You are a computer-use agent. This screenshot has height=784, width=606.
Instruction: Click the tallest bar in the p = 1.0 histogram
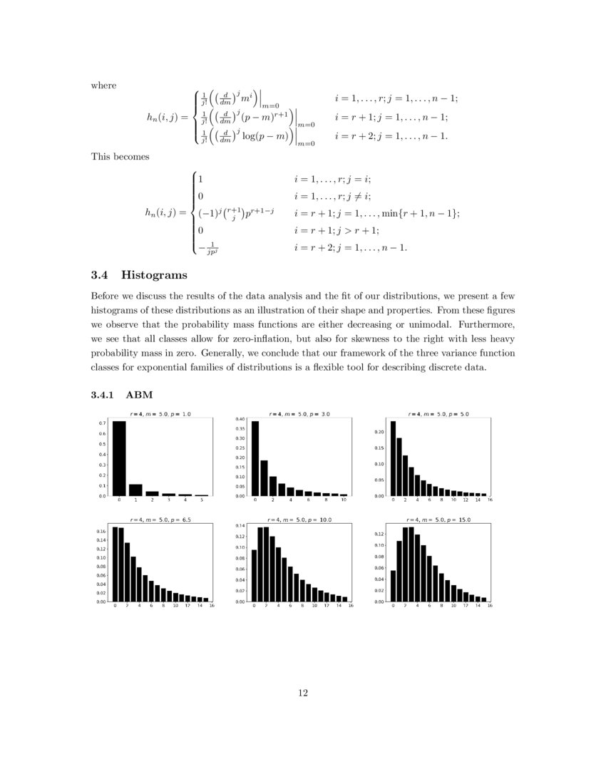(x=119, y=458)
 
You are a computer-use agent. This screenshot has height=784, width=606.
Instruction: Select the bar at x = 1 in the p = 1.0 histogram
(x=135, y=490)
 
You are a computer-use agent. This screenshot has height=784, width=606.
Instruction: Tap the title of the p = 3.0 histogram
(x=299, y=413)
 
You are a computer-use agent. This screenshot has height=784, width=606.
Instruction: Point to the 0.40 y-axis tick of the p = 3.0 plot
(x=240, y=419)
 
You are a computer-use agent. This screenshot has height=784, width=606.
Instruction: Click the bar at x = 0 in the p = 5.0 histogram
(x=393, y=458)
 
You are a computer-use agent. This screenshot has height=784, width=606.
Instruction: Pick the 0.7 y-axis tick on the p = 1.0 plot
(x=103, y=423)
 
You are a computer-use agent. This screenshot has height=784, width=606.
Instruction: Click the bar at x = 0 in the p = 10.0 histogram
(x=255, y=576)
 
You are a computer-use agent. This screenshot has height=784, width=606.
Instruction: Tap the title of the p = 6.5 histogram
(x=160, y=520)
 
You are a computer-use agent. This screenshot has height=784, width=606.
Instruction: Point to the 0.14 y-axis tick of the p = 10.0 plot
(x=240, y=525)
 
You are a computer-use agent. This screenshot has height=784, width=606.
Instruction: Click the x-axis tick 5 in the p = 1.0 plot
(x=201, y=501)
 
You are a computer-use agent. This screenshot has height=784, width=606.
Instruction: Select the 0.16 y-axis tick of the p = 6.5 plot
(x=101, y=532)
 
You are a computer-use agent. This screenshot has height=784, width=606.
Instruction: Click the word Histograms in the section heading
(x=155, y=275)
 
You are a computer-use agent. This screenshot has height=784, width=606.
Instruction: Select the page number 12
(x=303, y=691)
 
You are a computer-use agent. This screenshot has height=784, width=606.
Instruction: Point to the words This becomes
(x=120, y=157)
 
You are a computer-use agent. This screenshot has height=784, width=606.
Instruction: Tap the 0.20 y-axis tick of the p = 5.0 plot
(x=379, y=432)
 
